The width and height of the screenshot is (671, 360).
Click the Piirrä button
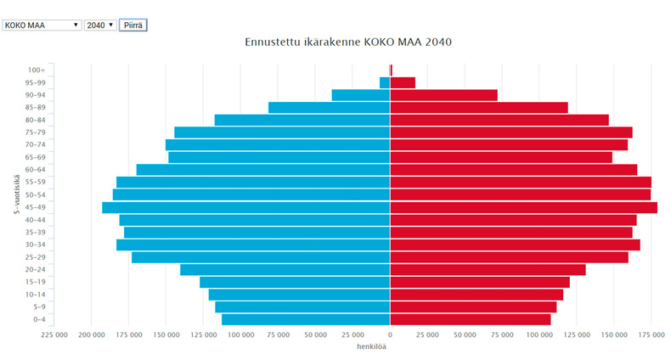click(x=133, y=25)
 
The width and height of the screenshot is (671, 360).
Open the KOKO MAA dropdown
click(x=42, y=25)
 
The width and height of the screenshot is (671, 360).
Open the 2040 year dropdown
click(x=100, y=25)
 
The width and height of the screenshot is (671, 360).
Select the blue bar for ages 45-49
click(x=246, y=207)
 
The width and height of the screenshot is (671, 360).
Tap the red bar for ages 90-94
click(x=443, y=95)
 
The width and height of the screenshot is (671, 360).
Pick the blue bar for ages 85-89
click(x=329, y=108)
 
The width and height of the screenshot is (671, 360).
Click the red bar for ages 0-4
click(x=470, y=319)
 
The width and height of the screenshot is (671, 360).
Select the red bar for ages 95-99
click(x=403, y=82)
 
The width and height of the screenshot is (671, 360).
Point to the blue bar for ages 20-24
click(x=285, y=270)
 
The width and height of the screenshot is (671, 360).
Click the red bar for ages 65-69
click(x=501, y=157)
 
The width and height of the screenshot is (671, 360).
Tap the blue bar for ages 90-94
click(x=360, y=95)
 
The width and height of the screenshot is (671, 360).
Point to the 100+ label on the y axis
click(x=36, y=70)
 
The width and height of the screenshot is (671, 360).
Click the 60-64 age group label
click(x=35, y=170)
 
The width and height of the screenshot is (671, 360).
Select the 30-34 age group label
click(x=35, y=245)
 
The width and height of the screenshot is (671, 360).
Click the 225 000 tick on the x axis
click(x=54, y=335)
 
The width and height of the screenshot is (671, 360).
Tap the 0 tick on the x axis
click(x=390, y=335)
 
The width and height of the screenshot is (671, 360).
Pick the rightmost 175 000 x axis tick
click(x=651, y=335)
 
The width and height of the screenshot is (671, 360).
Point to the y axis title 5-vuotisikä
click(x=16, y=194)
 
